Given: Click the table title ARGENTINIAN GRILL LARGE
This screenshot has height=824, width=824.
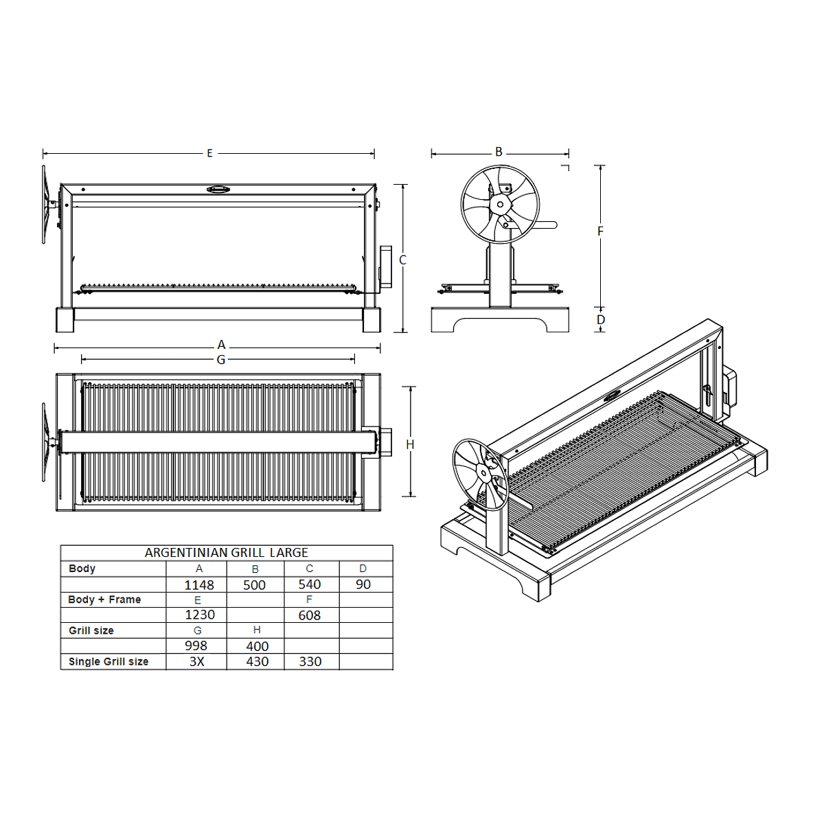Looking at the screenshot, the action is click(226, 553).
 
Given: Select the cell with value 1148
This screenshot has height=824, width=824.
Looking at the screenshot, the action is click(199, 584).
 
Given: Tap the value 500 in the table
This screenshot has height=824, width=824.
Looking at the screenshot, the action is click(255, 584).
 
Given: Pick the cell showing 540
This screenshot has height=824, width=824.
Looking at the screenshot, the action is click(310, 584).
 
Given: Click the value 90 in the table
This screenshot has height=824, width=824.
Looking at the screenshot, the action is click(363, 584).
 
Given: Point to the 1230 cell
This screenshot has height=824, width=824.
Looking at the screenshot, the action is click(200, 615).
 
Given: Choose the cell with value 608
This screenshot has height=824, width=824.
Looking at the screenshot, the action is click(310, 615).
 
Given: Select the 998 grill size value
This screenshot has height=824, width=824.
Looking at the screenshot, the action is click(196, 645).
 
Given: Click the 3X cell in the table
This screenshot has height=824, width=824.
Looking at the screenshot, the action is click(196, 661).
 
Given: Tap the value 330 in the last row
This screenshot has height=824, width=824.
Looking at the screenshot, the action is click(310, 661).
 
